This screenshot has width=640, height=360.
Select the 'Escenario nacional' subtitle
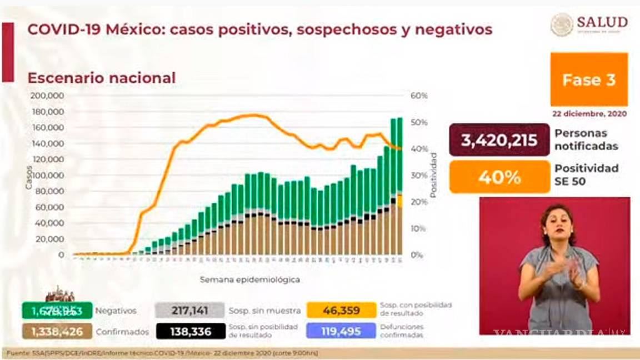coord(102,78)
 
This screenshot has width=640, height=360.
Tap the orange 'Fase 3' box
coord(589,80)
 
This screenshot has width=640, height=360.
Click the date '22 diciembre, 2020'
coord(589,113)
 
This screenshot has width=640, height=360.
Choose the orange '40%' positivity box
coord(499,177)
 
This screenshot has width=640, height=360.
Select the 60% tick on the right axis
coord(419,96)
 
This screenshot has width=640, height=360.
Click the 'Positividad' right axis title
coord(433,176)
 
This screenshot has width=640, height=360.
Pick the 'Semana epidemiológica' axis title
coord(250,279)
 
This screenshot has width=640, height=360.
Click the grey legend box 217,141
coord(189,311)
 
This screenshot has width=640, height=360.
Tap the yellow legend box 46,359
coord(341,310)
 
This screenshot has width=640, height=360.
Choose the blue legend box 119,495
coord(341,331)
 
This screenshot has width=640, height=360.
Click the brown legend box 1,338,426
coord(57,332)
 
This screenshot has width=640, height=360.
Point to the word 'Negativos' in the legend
coord(116,311)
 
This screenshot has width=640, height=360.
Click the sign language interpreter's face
coord(557,221)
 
